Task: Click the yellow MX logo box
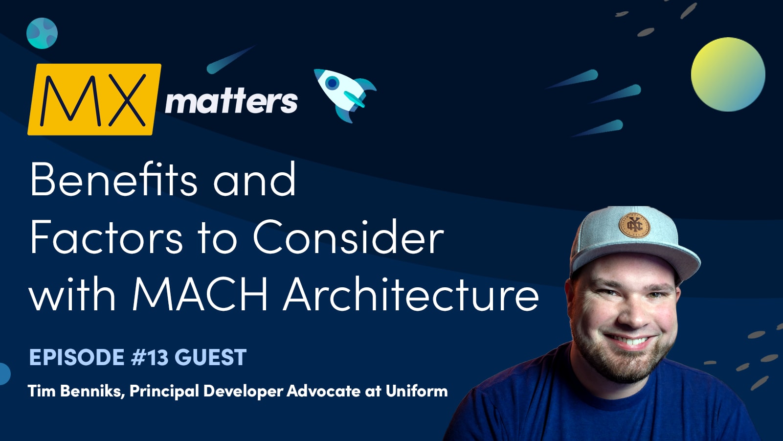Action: coord(94,99)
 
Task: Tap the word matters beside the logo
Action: coord(231,101)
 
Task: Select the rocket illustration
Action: coord(344,94)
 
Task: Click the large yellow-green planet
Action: coord(728,74)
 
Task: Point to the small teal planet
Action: coord(42,33)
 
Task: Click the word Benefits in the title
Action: coord(113,179)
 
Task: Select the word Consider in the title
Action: coord(348,237)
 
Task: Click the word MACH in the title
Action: coord(200,295)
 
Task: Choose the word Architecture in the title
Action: coord(411,295)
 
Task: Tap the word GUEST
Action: coord(210,358)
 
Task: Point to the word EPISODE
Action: coord(77,358)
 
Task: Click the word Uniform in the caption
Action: coord(416,391)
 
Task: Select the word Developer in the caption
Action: coord(243,391)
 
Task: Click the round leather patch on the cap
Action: coord(634,226)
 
